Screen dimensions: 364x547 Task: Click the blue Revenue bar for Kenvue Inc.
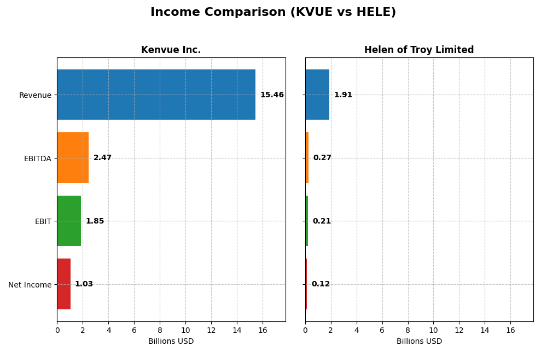pos(156,95)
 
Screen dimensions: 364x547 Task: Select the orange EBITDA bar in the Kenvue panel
pos(73,158)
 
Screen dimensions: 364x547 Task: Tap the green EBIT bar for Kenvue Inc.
pos(69,221)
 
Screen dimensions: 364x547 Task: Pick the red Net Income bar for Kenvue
pos(63,284)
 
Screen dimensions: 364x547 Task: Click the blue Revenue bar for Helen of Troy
pos(317,95)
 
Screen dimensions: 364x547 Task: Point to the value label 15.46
pos(272,95)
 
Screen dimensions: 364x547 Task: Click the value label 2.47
pos(102,158)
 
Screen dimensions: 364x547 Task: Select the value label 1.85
pos(95,221)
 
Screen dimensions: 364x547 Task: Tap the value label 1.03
pos(84,284)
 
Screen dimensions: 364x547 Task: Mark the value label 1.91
pos(343,95)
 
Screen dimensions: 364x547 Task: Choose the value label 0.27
pos(322,158)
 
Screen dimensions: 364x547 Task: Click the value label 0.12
pos(321,284)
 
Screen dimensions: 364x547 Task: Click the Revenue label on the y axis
pos(35,96)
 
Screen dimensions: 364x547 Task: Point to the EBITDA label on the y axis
pos(37,158)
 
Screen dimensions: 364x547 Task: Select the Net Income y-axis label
pos(30,285)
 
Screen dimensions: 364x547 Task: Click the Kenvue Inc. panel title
pos(171,50)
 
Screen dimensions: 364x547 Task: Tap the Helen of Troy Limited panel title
pos(419,50)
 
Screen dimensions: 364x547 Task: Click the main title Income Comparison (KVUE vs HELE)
pos(273,13)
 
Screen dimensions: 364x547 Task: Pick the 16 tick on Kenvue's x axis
pos(263,330)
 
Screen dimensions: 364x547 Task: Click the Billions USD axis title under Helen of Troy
pos(419,342)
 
